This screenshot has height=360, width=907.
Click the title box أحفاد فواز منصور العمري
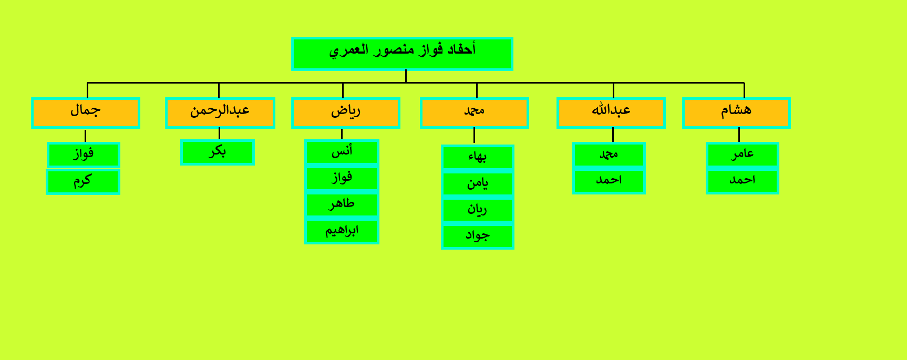(402, 54)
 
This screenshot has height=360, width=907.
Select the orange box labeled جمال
(86, 113)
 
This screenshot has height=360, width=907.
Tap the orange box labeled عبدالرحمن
(220, 113)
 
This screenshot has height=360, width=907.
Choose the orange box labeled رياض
(346, 113)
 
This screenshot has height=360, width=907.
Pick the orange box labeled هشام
(736, 113)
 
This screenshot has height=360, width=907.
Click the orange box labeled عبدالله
(611, 113)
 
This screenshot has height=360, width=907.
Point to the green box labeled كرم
(83, 182)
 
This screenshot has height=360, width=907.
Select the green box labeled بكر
(218, 152)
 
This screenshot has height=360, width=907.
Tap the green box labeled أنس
(342, 152)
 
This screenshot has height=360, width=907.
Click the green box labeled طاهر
(342, 205)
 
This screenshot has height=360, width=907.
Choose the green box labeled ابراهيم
(342, 231)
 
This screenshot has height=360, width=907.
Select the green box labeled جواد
(478, 236)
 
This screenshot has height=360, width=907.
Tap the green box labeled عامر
(743, 155)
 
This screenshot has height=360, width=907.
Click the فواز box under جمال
(84, 155)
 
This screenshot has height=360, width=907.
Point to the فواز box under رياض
(342, 179)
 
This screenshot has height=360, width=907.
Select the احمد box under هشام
(743, 181)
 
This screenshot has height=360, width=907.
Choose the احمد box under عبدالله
(609, 181)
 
